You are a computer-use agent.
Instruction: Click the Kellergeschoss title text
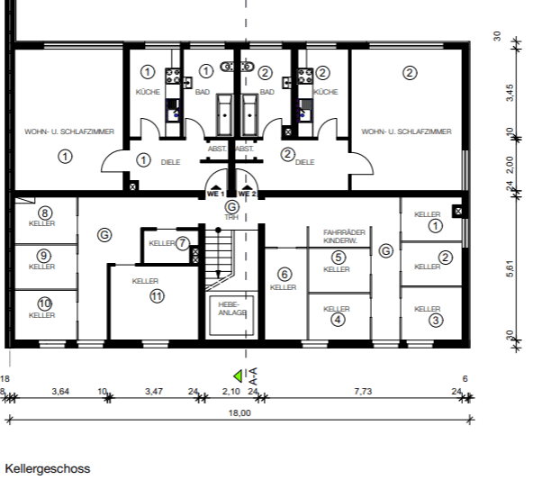48,469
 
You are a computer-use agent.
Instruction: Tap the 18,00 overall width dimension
239,413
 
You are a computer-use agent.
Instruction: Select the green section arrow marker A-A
239,376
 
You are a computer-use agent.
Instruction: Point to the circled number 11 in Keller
157,295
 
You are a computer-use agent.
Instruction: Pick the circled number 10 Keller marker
42,303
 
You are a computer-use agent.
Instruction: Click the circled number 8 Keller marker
42,213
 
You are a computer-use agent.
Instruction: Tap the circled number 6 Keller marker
284,274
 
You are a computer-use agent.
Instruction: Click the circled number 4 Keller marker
337,319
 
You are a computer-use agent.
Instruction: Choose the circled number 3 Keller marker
435,320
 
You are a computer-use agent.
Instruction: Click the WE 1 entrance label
214,193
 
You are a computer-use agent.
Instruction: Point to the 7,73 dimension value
363,392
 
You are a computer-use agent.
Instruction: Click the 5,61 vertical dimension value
510,270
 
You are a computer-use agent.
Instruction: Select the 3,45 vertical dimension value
510,92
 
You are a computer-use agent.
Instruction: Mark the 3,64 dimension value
60,392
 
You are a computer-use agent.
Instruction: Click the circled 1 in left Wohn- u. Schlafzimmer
65,156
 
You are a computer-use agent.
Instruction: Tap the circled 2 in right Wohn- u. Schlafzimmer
410,73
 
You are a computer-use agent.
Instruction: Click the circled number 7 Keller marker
182,242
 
